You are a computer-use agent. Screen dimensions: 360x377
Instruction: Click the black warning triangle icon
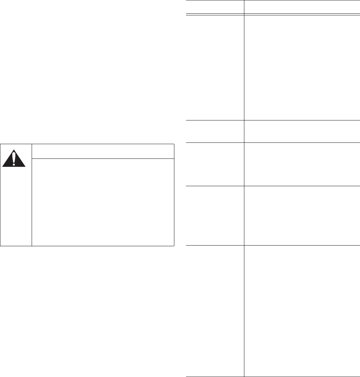click(x=14, y=158)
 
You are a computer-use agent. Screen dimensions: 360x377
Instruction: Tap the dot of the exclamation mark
click(x=14, y=164)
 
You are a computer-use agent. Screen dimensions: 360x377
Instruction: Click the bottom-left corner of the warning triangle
click(x=2, y=166)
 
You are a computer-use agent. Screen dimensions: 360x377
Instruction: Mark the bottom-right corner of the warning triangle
click(x=26, y=166)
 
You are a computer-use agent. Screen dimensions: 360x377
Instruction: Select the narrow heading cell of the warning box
click(x=103, y=151)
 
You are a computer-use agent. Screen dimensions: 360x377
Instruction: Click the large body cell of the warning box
click(x=103, y=202)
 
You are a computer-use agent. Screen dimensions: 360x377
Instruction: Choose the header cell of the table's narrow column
click(x=215, y=7)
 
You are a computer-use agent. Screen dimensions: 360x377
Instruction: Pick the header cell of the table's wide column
click(x=302, y=7)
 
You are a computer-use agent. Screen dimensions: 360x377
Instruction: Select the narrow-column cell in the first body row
click(x=215, y=67)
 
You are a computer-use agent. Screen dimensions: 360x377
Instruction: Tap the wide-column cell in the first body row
click(x=302, y=67)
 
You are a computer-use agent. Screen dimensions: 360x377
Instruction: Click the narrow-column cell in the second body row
click(x=215, y=131)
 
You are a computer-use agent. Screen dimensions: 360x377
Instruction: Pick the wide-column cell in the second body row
click(x=302, y=131)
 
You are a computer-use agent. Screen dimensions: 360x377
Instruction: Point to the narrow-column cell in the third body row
click(x=215, y=164)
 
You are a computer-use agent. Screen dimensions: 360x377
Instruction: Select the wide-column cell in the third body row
click(x=302, y=164)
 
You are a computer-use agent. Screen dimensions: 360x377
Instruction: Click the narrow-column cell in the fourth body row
click(x=215, y=216)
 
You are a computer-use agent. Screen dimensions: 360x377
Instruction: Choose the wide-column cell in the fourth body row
click(x=302, y=216)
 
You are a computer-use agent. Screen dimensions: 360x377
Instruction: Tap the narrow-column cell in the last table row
click(x=215, y=311)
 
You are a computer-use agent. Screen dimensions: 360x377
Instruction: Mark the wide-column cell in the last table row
click(x=302, y=311)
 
